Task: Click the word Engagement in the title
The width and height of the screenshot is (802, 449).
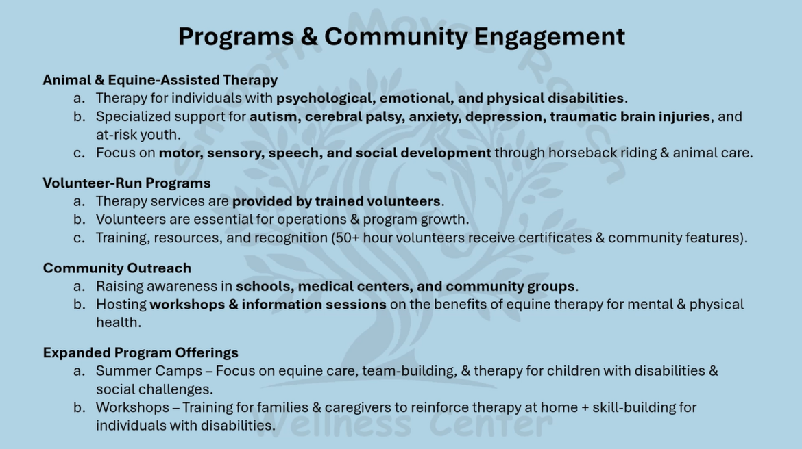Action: (549, 37)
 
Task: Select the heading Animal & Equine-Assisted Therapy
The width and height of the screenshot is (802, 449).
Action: (160, 79)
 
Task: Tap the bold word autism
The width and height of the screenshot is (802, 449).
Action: (274, 116)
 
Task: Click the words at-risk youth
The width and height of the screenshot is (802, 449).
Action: (137, 135)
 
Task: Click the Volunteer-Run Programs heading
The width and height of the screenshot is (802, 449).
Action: (127, 183)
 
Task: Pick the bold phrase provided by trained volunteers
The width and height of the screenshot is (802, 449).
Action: (337, 201)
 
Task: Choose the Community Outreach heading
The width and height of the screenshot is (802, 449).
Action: (117, 268)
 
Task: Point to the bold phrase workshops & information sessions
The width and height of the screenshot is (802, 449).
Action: (268, 305)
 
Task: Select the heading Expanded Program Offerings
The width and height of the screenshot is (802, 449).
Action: (141, 353)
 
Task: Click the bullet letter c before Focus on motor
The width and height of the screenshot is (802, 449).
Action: (78, 153)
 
